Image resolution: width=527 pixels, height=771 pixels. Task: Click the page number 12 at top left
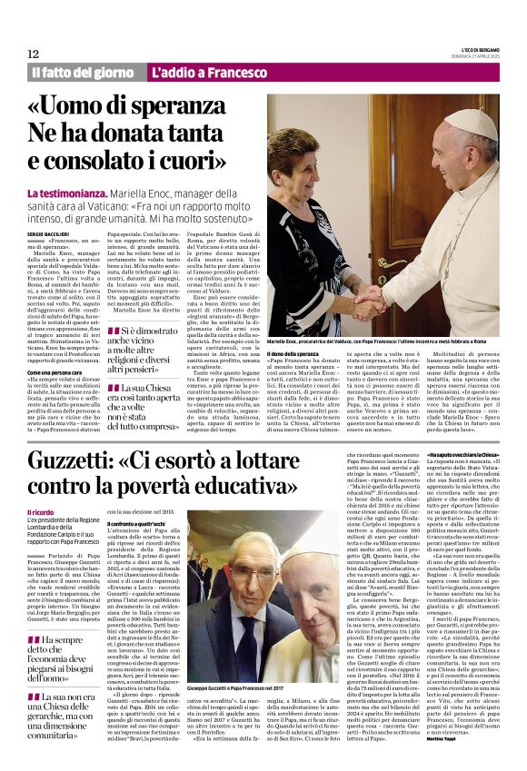click(x=33, y=54)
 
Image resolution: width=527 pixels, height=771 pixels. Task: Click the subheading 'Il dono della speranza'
click(x=293, y=352)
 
